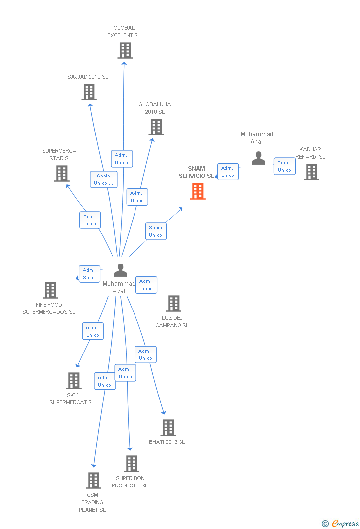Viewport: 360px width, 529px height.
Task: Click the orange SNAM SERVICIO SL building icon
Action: point(198,191)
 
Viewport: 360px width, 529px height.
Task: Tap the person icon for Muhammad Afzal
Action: point(120,270)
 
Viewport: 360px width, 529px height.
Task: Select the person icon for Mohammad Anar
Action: point(258,158)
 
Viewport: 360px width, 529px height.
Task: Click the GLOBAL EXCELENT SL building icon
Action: point(125,50)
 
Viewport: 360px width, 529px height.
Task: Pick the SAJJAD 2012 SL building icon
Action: point(89,92)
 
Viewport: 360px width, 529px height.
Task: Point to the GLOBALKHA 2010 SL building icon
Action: point(156,127)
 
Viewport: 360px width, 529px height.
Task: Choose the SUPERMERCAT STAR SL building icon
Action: point(62,174)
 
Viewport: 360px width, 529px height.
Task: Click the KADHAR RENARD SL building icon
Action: point(311,172)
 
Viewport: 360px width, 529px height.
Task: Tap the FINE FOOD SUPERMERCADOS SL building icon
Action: point(50,290)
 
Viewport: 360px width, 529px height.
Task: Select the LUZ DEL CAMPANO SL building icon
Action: point(173,304)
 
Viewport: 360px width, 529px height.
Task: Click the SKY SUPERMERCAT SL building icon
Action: point(74,381)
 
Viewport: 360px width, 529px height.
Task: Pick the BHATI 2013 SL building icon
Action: point(168,428)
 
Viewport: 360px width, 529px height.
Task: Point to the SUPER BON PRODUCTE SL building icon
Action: point(132,464)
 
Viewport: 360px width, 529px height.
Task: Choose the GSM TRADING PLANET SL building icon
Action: point(93,481)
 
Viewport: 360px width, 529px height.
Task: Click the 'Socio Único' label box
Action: point(156,231)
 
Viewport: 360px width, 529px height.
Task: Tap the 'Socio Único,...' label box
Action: point(104,179)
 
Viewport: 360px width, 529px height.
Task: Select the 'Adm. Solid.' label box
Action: point(90,274)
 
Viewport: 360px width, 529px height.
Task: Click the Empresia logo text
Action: point(345,523)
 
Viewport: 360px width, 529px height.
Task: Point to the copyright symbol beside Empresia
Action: point(325,524)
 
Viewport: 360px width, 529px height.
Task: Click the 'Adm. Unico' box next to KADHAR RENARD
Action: point(284,166)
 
